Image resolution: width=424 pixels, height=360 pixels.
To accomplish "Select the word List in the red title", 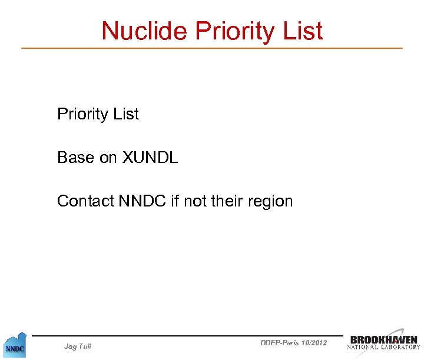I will pyautogui.click(x=303, y=31).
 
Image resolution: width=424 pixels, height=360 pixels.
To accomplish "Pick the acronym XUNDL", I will pyautogui.click(x=150, y=158).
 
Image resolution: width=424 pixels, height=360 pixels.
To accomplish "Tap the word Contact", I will pyautogui.click(x=85, y=201).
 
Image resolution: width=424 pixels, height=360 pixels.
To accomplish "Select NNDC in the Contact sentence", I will pyautogui.click(x=143, y=201).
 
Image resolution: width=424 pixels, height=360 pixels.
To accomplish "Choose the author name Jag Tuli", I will pyautogui.click(x=77, y=346).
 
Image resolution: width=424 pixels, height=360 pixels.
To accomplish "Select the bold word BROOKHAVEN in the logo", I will pyautogui.click(x=384, y=339).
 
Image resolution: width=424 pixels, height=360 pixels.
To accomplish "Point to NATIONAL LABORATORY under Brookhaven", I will pyautogui.click(x=383, y=347).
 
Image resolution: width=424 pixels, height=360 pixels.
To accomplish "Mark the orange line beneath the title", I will pyautogui.click(x=212, y=48).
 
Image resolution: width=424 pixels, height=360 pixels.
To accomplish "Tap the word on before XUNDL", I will pyautogui.click(x=108, y=158).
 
